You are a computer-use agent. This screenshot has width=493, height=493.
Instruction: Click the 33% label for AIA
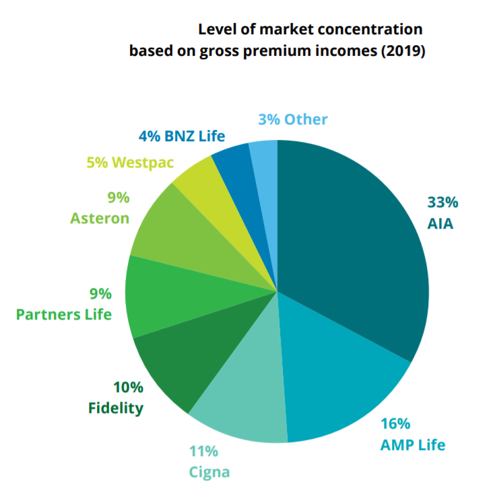(442, 202)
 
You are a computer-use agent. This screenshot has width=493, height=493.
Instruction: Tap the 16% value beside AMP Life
(395, 424)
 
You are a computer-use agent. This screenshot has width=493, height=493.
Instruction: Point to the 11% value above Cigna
(203, 451)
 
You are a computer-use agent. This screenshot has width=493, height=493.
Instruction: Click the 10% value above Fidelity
(128, 387)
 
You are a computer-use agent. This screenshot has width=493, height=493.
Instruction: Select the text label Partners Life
(64, 314)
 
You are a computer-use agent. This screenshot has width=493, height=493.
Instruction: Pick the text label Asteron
(100, 219)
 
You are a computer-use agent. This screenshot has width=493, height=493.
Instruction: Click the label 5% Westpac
(130, 163)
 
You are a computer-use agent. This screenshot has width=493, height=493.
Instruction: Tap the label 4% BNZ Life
(182, 135)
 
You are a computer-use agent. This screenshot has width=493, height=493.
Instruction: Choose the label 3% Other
(293, 120)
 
